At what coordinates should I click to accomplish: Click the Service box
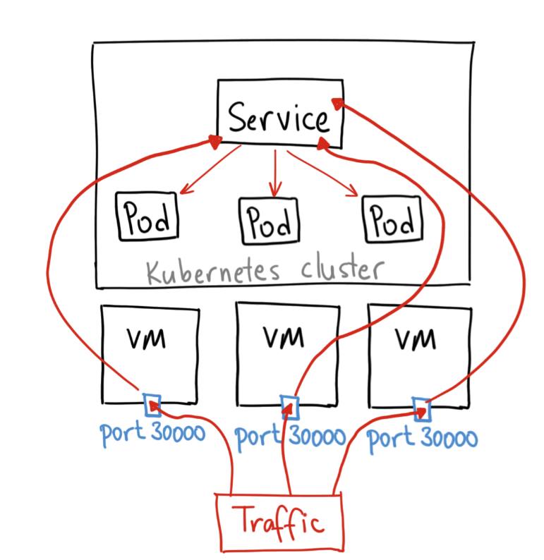tap(279, 116)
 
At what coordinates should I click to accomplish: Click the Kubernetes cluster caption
tap(265, 271)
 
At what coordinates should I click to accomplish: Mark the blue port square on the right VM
tap(421, 408)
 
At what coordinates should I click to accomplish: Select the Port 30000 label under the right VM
tap(423, 438)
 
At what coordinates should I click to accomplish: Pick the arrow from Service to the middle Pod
tap(274, 173)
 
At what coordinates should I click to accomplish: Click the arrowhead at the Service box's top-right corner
tap(337, 103)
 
